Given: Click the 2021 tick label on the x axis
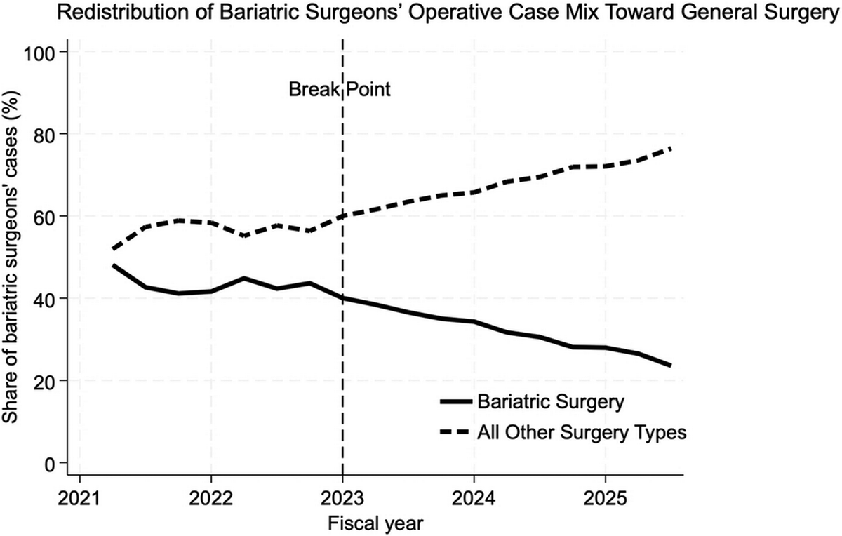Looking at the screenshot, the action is click(79, 499).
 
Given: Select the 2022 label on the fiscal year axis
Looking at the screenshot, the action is click(211, 499).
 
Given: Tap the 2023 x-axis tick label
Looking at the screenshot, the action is click(342, 499).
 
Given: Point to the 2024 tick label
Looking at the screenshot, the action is click(474, 499).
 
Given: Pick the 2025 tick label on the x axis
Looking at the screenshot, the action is click(605, 499).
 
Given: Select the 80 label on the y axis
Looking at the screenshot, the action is click(45, 134).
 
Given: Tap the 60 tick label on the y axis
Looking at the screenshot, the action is click(45, 216).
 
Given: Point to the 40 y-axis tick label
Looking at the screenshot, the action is click(45, 298).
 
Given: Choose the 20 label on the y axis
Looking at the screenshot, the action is click(45, 380).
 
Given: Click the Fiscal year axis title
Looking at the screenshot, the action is click(376, 524).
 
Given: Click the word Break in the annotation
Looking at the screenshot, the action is click(314, 90).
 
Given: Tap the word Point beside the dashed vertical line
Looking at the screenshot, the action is click(368, 90).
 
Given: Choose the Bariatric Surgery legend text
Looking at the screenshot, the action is click(551, 402).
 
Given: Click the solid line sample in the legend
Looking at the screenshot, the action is click(456, 402).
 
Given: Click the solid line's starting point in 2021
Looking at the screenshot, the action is click(112, 265).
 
